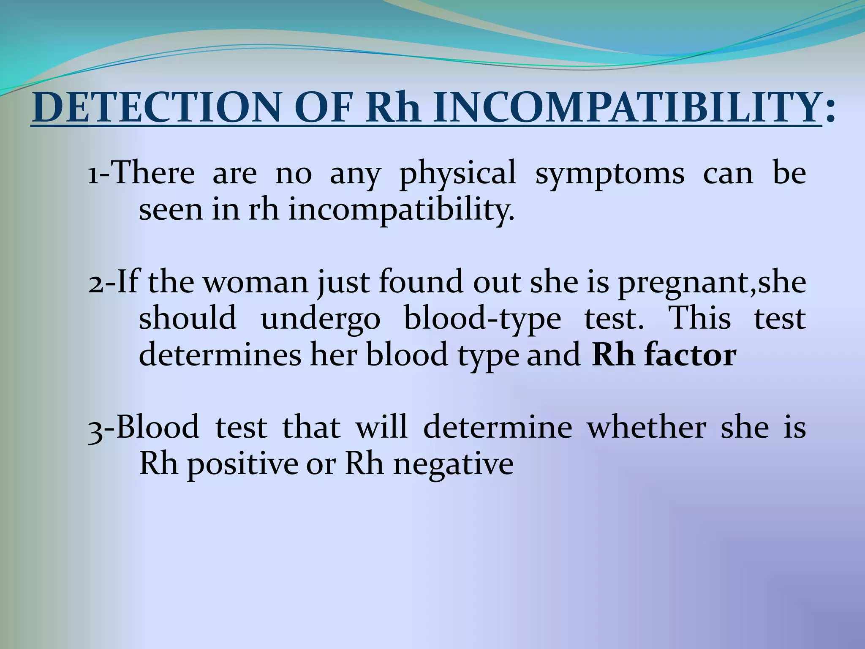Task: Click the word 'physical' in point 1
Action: point(457,174)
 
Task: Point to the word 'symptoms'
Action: point(609,174)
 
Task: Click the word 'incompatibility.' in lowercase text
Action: point(401,210)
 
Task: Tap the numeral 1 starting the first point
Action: point(93,174)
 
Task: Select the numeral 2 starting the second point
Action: point(95,283)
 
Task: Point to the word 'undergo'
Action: point(321,319)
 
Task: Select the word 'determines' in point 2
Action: point(220,355)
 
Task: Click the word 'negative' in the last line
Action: point(453,464)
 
